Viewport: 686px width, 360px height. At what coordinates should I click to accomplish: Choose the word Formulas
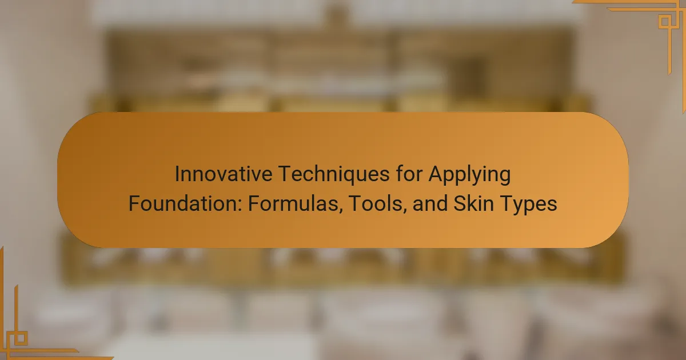click(294, 203)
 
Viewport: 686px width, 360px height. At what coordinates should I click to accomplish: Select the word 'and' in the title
click(430, 203)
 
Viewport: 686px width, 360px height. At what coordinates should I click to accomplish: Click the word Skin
click(473, 203)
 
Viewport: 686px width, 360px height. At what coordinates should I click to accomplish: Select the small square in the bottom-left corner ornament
click(21, 338)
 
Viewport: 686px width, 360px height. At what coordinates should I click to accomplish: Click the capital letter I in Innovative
click(177, 174)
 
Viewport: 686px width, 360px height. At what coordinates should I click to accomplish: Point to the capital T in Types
click(506, 203)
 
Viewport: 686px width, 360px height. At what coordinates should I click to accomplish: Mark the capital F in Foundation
click(134, 203)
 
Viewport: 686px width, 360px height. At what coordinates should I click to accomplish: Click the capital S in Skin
click(460, 203)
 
